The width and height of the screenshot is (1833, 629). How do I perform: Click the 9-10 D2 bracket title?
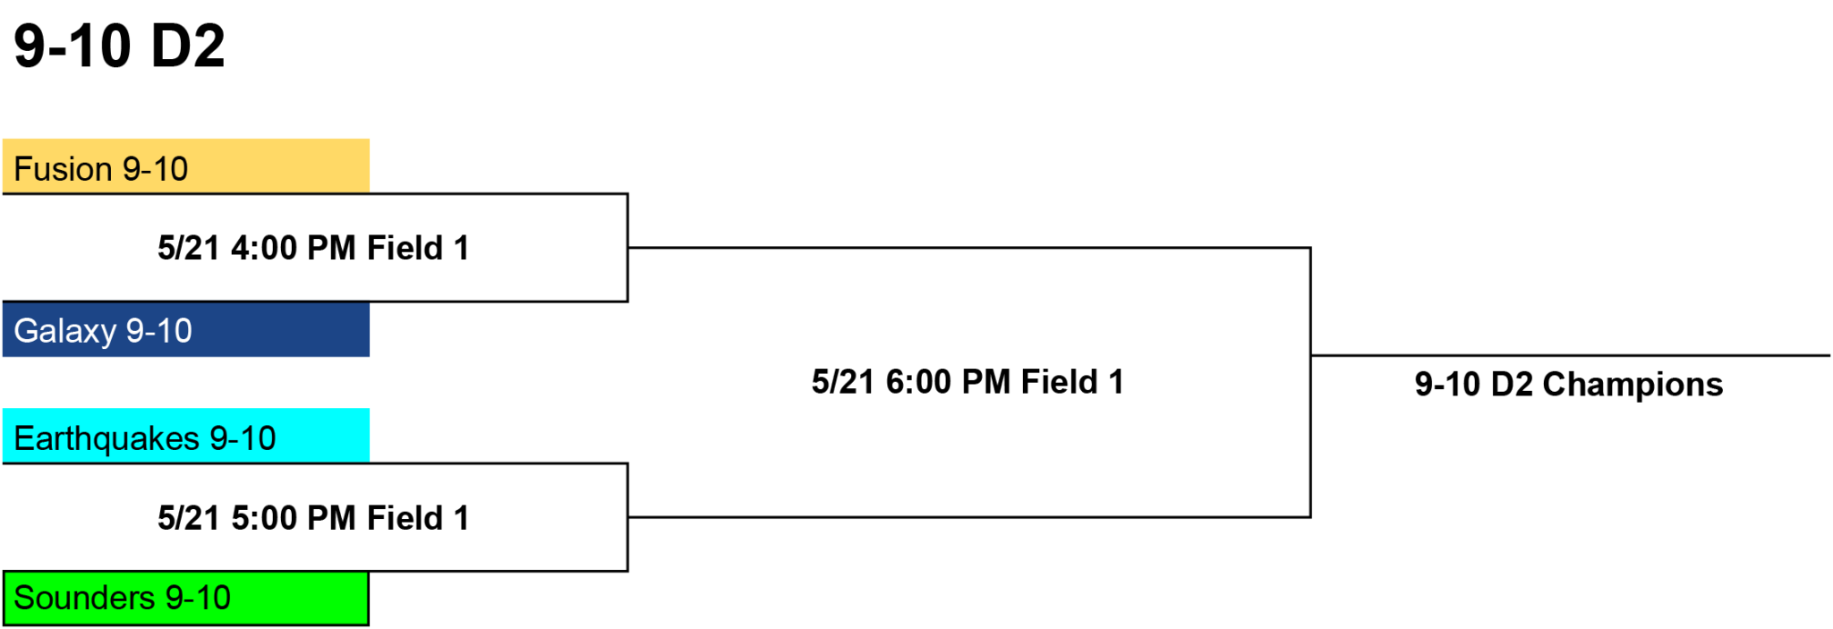coord(119,46)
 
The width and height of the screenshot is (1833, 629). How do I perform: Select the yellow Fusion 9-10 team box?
coord(186,166)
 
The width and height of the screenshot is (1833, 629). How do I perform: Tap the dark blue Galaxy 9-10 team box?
coord(186,329)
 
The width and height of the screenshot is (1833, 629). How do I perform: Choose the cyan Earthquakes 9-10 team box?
coord(186,436)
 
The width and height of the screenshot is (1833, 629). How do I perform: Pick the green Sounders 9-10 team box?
coord(186,598)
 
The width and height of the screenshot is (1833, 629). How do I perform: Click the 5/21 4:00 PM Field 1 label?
coord(313,248)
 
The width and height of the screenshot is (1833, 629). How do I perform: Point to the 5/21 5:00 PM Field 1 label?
coord(313,518)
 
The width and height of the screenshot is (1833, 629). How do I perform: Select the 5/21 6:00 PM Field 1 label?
coord(968,382)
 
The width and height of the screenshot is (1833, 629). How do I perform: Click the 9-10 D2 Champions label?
coord(1569,385)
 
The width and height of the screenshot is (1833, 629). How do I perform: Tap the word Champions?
coord(1633,385)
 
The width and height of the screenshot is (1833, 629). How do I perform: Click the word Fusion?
coord(63,169)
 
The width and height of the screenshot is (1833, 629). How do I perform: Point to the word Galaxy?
coord(65,332)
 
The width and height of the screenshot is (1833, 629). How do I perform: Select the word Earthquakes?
coord(107,438)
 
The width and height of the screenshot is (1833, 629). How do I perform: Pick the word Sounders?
coord(85,598)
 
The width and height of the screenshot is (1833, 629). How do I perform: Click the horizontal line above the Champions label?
coord(1571,355)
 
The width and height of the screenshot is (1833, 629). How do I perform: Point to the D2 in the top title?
coord(188,46)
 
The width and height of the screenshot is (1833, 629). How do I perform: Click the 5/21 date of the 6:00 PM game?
coord(843,382)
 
